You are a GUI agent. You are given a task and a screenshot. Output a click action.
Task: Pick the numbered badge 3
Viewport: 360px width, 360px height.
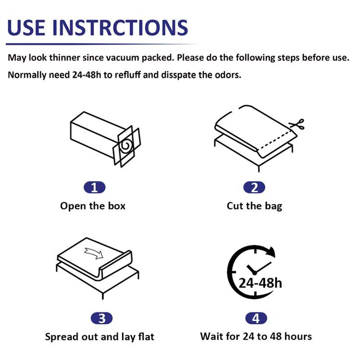[102, 319]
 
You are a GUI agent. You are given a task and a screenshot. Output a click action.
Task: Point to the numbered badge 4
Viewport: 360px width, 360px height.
[256, 319]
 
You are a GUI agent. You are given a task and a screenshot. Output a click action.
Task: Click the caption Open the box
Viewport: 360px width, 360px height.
[93, 206]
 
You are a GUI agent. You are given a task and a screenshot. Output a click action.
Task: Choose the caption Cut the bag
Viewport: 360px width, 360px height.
[254, 206]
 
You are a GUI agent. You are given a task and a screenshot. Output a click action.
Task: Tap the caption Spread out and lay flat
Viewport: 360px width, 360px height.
[99, 337]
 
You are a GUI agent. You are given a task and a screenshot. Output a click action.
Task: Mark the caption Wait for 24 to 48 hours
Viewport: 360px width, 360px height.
[256, 336]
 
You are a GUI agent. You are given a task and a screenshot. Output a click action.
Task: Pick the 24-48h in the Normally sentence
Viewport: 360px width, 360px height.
[86, 75]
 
